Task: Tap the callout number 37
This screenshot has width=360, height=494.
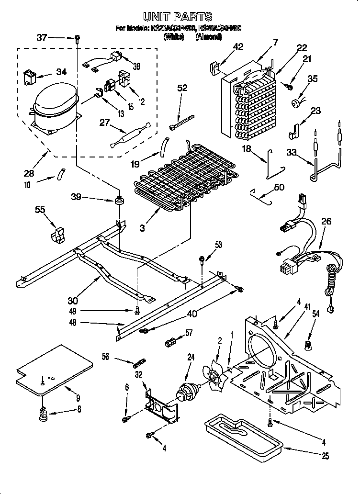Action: point(43,37)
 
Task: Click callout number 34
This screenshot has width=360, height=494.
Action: point(62,72)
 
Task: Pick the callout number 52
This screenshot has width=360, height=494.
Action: point(182,88)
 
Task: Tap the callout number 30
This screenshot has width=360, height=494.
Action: point(73,301)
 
